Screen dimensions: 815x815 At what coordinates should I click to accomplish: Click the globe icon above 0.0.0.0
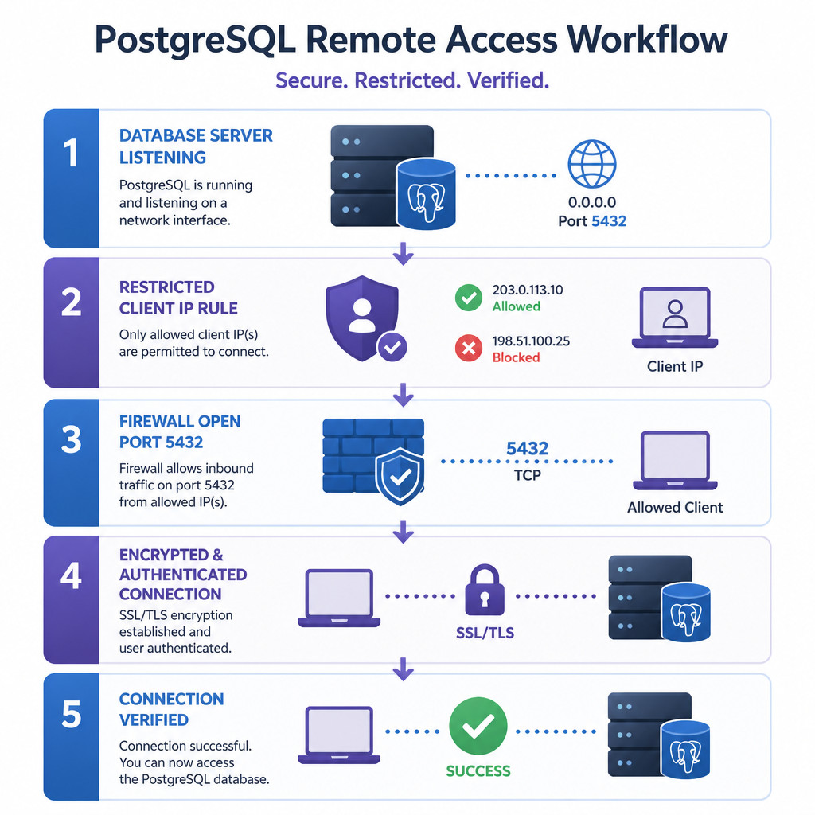[x=591, y=164]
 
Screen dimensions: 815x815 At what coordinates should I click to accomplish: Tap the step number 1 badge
[x=71, y=178]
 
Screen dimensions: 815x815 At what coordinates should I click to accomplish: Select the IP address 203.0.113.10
[x=528, y=290]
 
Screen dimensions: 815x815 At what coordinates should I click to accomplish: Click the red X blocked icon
[x=469, y=348]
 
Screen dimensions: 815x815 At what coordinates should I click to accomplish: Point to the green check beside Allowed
[x=469, y=298]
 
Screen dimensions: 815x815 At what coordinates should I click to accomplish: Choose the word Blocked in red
[x=516, y=357]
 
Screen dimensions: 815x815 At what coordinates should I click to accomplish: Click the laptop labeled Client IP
[x=675, y=317]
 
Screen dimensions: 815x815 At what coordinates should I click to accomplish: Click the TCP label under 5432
[x=528, y=475]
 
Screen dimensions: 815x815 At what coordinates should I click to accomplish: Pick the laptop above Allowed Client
[x=675, y=460]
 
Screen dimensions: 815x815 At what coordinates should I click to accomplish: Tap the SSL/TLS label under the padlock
[x=485, y=633]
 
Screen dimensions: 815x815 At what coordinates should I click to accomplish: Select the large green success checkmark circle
[x=478, y=726]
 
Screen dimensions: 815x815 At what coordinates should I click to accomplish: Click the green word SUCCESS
[x=478, y=770]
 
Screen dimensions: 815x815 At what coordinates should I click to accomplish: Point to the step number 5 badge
[x=71, y=736]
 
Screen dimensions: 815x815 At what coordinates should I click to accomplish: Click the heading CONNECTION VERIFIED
[x=172, y=709]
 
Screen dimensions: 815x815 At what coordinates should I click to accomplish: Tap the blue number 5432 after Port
[x=609, y=221]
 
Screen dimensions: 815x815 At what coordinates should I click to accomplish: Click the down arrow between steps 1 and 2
[x=404, y=253]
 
